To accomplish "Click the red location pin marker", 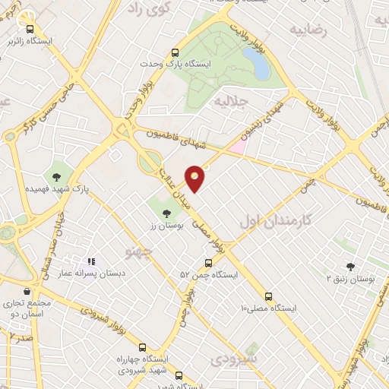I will tap(195, 178).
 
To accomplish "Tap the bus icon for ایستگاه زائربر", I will tap(30, 28).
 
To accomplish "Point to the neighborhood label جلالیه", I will tap(231, 100).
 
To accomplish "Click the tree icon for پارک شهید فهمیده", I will tap(58, 176).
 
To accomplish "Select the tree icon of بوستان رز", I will tap(166, 214).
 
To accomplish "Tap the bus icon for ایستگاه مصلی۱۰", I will tap(268, 296).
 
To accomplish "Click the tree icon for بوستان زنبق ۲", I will tap(350, 267).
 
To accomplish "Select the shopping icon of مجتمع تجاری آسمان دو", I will tap(27, 291).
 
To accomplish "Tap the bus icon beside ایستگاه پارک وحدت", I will tap(176, 53).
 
